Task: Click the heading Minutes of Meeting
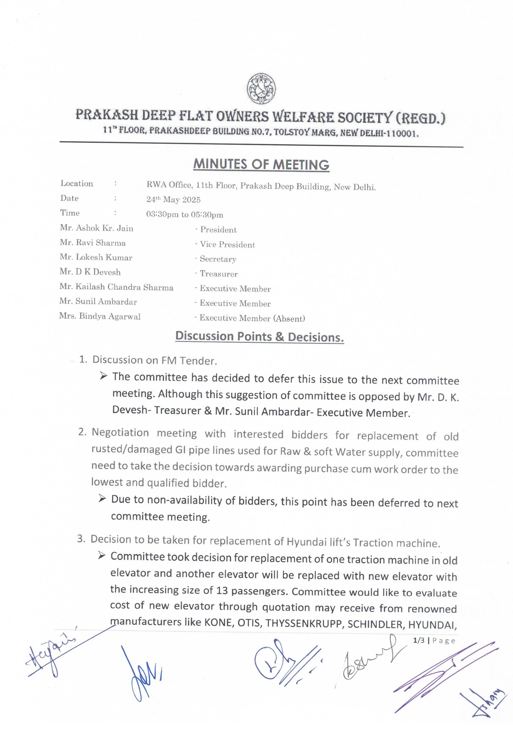[261, 164]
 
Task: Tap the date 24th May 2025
[173, 200]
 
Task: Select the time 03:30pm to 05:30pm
[185, 214]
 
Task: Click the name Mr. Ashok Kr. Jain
[97, 228]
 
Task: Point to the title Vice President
[227, 245]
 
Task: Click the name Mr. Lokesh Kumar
[96, 257]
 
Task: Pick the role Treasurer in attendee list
[219, 274]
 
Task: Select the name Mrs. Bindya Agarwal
[100, 316]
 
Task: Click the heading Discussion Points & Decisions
[260, 337]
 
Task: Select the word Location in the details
[77, 184]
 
